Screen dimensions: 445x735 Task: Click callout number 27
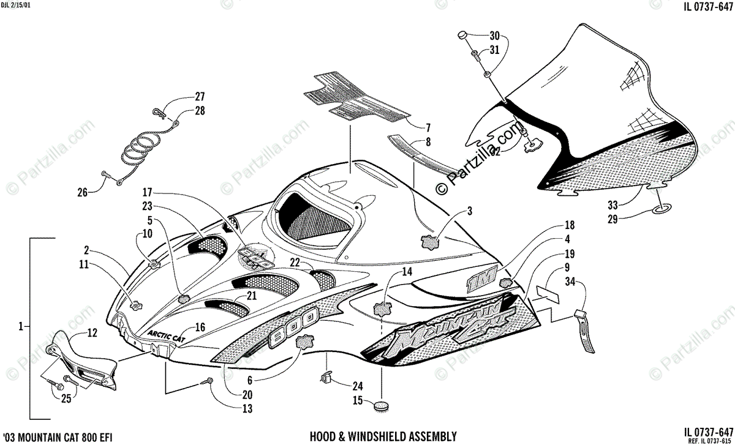pos(200,97)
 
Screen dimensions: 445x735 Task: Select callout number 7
pos(428,128)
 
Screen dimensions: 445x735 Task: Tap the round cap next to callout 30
pos(463,36)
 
